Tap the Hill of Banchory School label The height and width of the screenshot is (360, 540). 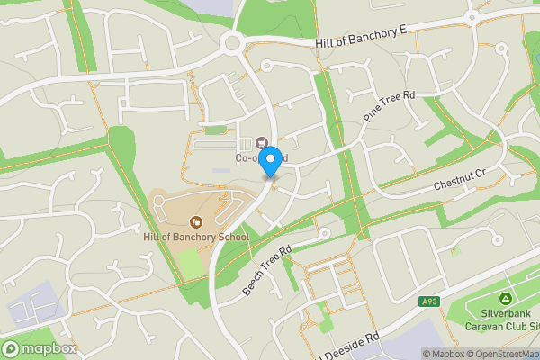(195, 237)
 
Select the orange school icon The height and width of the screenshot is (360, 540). (196, 221)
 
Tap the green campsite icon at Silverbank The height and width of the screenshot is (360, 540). (505, 299)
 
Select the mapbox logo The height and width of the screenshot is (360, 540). (40, 348)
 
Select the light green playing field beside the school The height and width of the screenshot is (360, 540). (191, 264)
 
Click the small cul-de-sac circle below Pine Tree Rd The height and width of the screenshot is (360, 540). (325, 233)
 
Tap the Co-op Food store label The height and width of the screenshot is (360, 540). (261, 157)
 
